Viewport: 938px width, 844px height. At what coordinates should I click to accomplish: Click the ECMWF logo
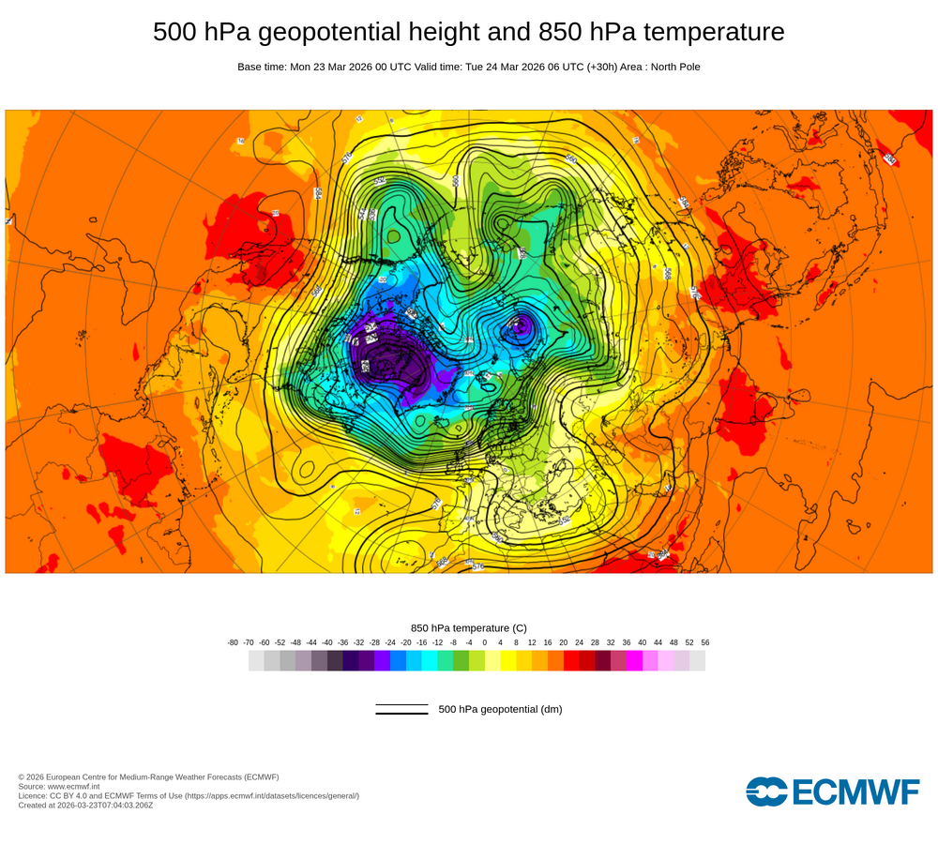tap(832, 791)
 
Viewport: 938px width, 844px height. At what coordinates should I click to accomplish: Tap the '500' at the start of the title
tap(175, 33)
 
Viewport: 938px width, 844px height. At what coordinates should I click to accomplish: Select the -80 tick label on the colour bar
tap(233, 642)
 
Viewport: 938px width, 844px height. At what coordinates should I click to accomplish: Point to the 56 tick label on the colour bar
tap(704, 642)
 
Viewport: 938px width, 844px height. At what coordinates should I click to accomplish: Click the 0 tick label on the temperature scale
tap(485, 642)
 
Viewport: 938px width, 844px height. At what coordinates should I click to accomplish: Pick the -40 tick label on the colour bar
tap(327, 642)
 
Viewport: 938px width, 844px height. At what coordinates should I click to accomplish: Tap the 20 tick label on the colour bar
tap(563, 642)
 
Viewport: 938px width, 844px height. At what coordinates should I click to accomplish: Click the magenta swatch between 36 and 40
tap(634, 660)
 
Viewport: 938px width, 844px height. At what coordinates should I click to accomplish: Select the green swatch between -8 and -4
tap(461, 660)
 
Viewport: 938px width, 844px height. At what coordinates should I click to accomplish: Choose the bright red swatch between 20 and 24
tap(571, 660)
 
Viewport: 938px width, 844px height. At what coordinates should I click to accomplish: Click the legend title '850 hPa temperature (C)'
tap(469, 627)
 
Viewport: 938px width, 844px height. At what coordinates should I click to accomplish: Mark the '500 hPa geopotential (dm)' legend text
tap(500, 709)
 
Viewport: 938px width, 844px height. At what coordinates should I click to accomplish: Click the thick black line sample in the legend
tap(401, 714)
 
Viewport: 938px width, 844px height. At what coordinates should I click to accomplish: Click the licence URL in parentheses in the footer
tap(271, 795)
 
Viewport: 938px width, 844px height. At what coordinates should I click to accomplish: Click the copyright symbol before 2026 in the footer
tap(22, 776)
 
